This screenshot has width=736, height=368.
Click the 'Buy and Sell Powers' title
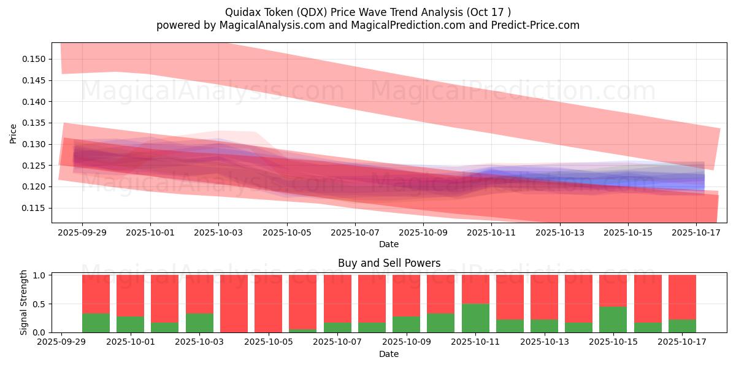point(389,263)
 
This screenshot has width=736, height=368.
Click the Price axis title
point(13,133)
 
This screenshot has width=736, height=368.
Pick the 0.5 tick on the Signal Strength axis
point(40,304)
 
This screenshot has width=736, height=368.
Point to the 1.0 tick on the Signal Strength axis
point(40,275)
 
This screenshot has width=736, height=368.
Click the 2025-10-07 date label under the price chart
point(355,233)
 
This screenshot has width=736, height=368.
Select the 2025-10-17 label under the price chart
point(696,233)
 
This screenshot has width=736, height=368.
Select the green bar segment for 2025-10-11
point(475,318)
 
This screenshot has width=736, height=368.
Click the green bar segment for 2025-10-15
point(613,319)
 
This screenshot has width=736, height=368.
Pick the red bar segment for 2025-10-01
point(130,295)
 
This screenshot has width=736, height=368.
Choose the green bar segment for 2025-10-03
point(199,323)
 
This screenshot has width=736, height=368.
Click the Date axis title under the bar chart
point(389,354)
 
